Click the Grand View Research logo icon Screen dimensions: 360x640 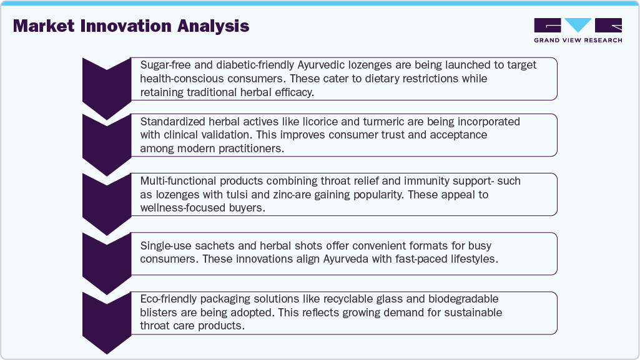pos(578,26)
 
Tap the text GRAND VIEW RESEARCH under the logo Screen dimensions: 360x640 pos(578,41)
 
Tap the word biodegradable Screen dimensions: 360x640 pos(459,299)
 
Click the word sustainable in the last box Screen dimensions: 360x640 pos(465,312)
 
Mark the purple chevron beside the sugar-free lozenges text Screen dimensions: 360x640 pos(106,85)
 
